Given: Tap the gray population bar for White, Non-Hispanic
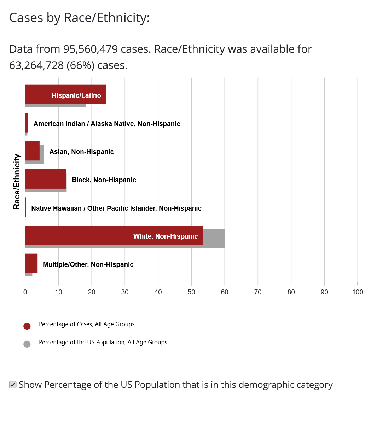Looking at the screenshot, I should pyautogui.click(x=214, y=239).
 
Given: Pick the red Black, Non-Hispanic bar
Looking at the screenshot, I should pyautogui.click(x=45, y=179).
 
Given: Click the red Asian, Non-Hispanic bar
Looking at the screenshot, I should pyautogui.click(x=32, y=151).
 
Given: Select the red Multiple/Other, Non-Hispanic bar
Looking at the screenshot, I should pyautogui.click(x=31, y=263).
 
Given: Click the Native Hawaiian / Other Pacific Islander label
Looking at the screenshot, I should pyautogui.click(x=116, y=208).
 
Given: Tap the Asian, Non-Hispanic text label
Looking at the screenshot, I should pyautogui.click(x=81, y=152).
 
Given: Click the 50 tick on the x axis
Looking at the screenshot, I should pyautogui.click(x=191, y=292).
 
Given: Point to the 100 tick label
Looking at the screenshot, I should pyautogui.click(x=358, y=292).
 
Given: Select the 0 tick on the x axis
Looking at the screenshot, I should pyautogui.click(x=25, y=292).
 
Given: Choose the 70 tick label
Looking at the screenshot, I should pyautogui.click(x=258, y=292).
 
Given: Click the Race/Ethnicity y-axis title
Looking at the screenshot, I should pyautogui.click(x=17, y=182).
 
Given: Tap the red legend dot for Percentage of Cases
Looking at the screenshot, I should pyautogui.click(x=27, y=326).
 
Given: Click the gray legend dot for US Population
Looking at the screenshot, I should pyautogui.click(x=27, y=344).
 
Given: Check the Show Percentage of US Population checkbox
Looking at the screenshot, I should pyautogui.click(x=13, y=385).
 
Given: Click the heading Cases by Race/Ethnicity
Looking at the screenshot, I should pyautogui.click(x=80, y=18).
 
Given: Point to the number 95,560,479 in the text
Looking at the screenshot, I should pyautogui.click(x=91, y=49).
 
